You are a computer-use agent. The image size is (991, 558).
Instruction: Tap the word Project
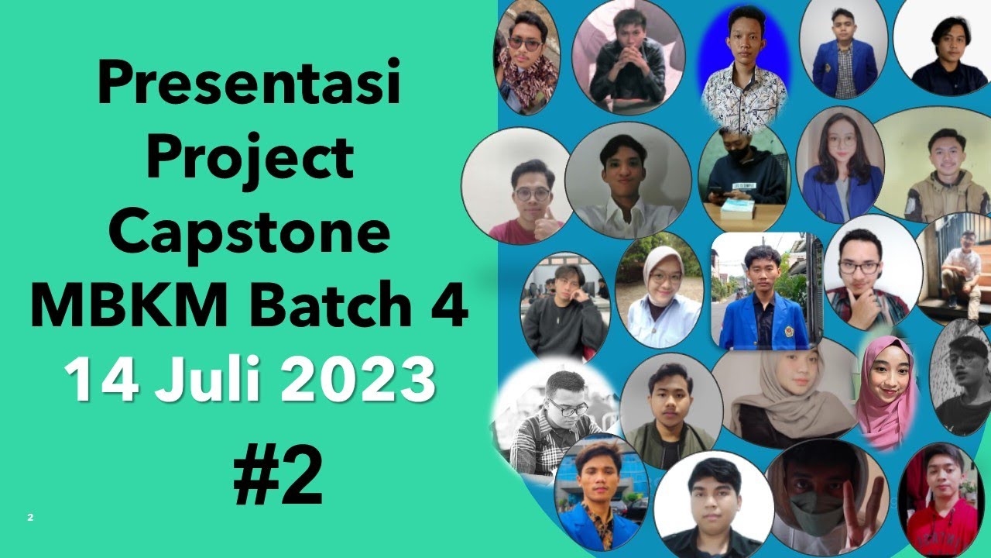(249, 160)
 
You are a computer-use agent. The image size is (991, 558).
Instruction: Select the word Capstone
(249, 232)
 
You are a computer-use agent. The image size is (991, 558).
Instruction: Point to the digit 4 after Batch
(450, 305)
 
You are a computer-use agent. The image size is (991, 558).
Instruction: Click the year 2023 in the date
(357, 379)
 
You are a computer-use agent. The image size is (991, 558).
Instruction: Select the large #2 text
(278, 475)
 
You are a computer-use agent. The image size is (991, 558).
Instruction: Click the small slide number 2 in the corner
(30, 517)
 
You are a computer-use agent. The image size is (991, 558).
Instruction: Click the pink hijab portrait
(886, 391)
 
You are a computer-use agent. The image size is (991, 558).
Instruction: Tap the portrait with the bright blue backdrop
(744, 62)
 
